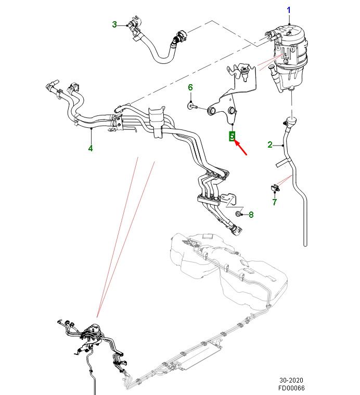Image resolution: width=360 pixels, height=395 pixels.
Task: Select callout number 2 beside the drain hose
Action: [270, 144]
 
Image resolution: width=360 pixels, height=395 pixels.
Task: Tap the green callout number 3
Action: [114, 24]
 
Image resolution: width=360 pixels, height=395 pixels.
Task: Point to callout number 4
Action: [90, 149]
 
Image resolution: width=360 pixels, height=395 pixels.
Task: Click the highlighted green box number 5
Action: [233, 137]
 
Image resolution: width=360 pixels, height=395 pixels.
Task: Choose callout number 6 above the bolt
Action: [190, 87]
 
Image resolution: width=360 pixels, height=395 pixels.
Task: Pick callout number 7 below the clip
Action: [275, 202]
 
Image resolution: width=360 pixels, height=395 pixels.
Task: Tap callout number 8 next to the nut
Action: [251, 214]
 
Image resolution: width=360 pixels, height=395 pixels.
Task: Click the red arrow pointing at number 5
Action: [241, 148]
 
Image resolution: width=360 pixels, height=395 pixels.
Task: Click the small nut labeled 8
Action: [238, 214]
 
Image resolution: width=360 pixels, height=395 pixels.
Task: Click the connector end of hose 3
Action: [131, 25]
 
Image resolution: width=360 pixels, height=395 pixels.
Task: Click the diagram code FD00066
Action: [292, 389]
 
